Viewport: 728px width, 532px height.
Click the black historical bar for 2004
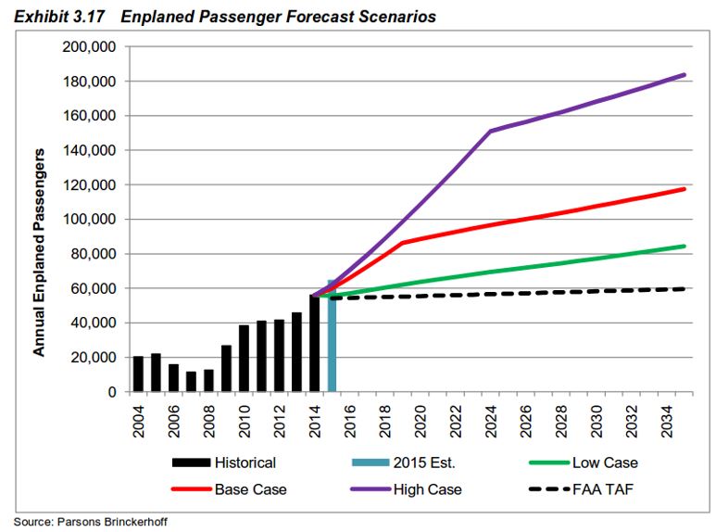138,374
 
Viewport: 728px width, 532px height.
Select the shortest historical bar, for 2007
191,382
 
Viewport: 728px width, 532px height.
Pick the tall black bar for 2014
315,344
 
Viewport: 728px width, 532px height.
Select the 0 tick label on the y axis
110,392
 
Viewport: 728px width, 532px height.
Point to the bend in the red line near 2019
403,243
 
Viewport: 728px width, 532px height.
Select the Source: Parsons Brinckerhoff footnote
91,522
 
